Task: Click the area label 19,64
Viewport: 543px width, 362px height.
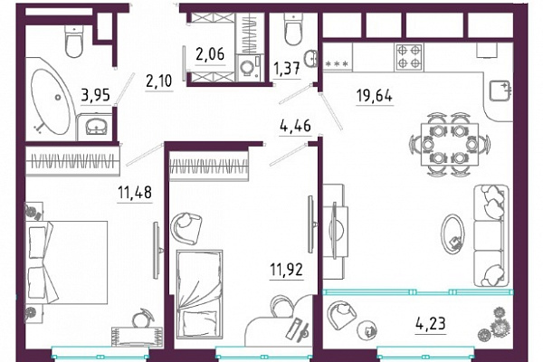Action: [375, 95]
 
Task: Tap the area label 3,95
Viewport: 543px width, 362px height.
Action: [96, 95]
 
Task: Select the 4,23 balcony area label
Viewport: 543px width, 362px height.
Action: [431, 324]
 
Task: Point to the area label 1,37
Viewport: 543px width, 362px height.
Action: [287, 69]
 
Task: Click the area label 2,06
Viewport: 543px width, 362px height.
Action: [210, 54]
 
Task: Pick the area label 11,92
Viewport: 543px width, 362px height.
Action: [286, 270]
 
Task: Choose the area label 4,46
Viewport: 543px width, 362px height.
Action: [295, 126]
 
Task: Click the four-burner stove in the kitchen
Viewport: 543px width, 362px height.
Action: [408, 57]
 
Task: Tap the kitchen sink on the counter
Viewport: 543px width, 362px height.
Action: [500, 90]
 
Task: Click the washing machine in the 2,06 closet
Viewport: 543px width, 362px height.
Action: [249, 68]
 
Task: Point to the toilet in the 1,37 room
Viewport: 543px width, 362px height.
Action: [293, 30]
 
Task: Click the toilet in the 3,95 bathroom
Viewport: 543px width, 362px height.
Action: [73, 42]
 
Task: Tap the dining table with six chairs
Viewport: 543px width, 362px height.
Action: [450, 144]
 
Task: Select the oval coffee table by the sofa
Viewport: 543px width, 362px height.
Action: [452, 234]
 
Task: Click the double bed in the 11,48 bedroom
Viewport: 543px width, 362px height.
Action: [66, 262]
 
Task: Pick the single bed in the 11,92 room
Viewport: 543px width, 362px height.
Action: [199, 294]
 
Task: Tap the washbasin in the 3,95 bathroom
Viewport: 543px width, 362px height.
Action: [96, 126]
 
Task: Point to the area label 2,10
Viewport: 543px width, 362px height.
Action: [159, 81]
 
